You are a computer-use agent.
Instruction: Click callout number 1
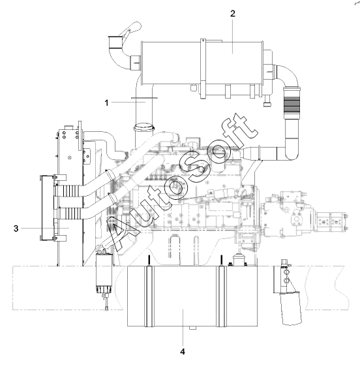tap(106, 103)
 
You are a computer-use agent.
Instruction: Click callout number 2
tap(233, 14)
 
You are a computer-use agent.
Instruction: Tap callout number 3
tap(16, 229)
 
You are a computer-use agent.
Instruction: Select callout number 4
tap(183, 351)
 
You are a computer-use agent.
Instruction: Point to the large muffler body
tap(202, 63)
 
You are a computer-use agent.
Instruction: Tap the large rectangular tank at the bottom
tap(192, 296)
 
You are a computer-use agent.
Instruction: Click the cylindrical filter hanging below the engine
tap(104, 273)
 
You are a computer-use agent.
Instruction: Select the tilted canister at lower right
tap(291, 308)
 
